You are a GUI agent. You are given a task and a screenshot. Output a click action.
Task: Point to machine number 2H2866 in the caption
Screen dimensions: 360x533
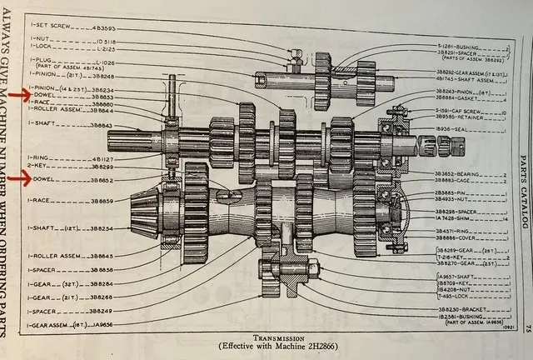298,346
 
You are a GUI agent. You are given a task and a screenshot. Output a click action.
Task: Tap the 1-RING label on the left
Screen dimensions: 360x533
41,156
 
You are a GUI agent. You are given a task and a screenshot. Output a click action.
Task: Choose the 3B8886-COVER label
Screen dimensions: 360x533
454,237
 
